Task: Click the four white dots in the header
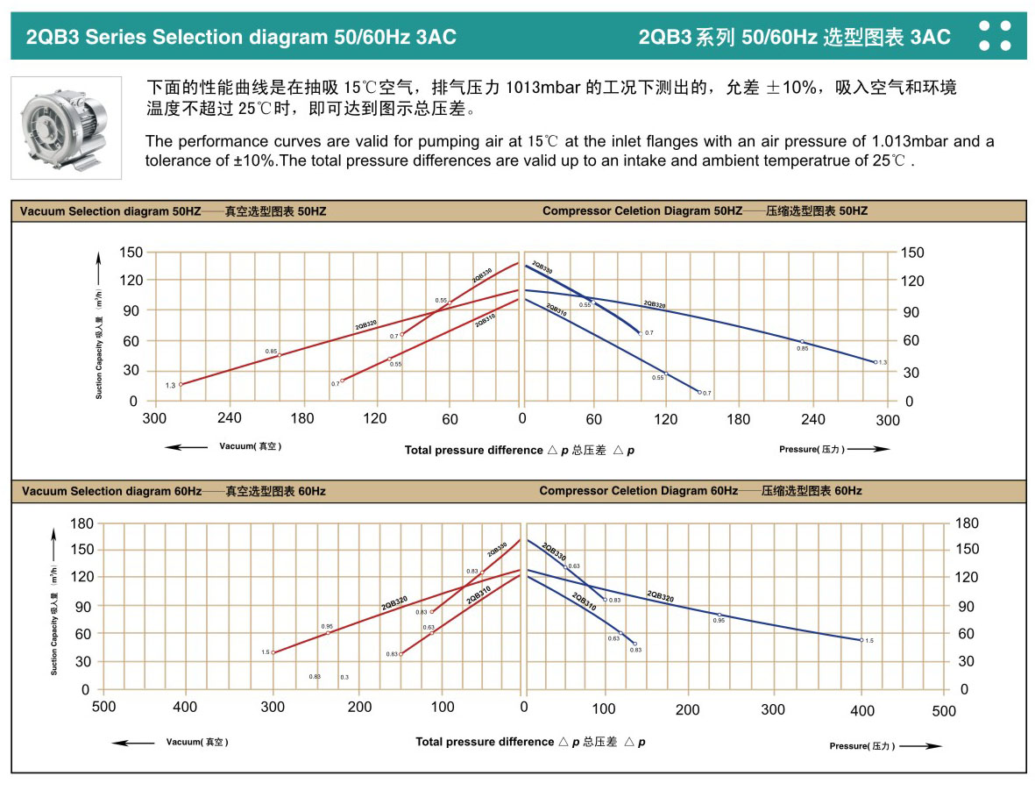coord(995,36)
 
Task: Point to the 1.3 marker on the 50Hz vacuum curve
coord(181,384)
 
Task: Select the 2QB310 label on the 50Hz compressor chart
coord(556,309)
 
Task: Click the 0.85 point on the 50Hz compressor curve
coord(801,341)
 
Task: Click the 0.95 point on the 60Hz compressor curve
coord(720,615)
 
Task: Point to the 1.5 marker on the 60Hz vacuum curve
coord(273,651)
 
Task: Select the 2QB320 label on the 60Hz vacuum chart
coord(394,603)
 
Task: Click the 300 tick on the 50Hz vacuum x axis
coord(154,419)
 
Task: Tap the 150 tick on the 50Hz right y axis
coord(912,253)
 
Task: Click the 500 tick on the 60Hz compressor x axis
coord(943,711)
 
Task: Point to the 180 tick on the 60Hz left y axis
coord(81,523)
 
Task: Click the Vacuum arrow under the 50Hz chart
coord(187,447)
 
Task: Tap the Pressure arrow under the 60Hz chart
coord(920,746)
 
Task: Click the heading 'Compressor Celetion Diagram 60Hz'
coord(638,491)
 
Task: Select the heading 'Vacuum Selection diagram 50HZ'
coord(110,211)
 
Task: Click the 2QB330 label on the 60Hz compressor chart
coord(554,552)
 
